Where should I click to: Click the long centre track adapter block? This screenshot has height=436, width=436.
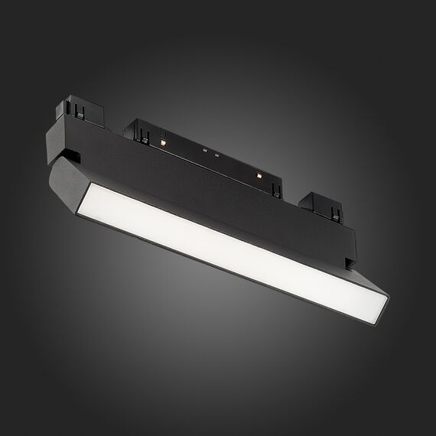click(207, 149)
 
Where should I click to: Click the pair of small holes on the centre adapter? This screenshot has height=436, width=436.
click(211, 154)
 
